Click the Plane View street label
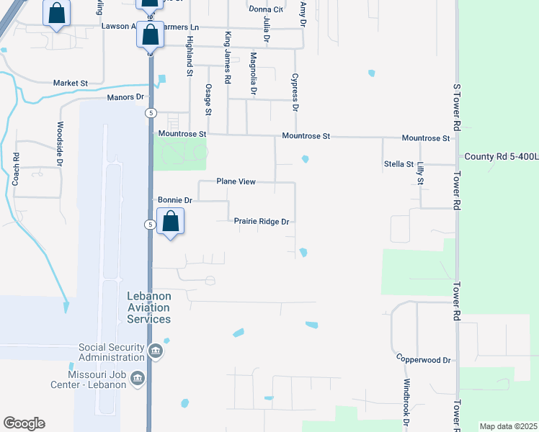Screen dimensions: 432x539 (x=236, y=182)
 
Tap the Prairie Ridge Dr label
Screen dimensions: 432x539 (x=262, y=222)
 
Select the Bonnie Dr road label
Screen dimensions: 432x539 (x=174, y=200)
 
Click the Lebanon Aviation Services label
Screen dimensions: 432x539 (x=149, y=307)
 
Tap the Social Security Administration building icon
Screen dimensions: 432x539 (x=156, y=352)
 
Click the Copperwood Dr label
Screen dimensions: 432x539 (x=423, y=359)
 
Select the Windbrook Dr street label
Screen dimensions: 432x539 (x=406, y=400)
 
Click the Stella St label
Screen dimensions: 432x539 (x=398, y=165)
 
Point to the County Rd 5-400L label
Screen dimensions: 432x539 (x=501, y=156)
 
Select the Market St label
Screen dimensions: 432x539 (x=70, y=84)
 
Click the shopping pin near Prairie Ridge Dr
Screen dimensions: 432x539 (x=171, y=221)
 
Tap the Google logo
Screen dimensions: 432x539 (x=24, y=423)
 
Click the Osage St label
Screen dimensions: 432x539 (x=208, y=99)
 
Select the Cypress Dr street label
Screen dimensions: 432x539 (x=295, y=91)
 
